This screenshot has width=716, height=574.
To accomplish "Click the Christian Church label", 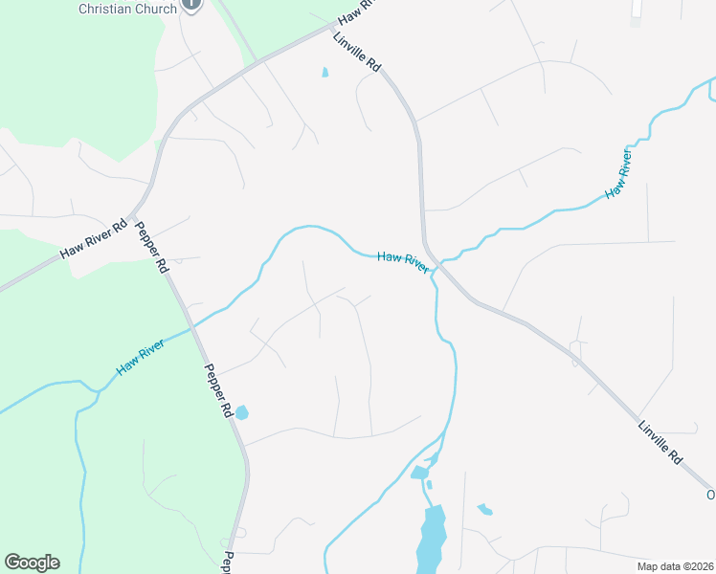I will [x=126, y=9].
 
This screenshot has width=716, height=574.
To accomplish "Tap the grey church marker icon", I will [x=191, y=5].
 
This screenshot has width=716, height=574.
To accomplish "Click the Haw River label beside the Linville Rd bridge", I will [x=402, y=261].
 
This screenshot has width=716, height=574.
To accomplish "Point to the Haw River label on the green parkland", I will [x=140, y=355].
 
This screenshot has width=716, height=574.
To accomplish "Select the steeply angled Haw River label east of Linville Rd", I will [x=619, y=175].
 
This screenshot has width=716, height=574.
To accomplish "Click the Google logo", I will [x=32, y=563].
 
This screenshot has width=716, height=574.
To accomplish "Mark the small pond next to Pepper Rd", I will [x=241, y=412].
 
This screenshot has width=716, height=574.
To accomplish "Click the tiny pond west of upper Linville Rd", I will [x=324, y=72].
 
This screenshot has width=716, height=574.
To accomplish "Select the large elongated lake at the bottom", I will [x=432, y=539].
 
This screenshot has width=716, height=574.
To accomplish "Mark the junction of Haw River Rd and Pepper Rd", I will [x=142, y=207].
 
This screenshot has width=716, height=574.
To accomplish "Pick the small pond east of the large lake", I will [x=484, y=509].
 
